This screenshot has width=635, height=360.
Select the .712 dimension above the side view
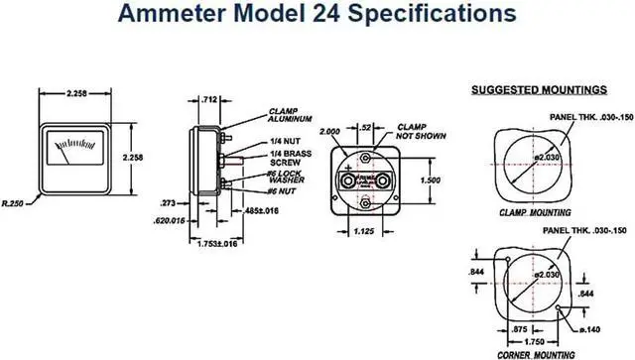[x=209, y=99]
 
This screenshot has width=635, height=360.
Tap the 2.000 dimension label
[x=330, y=130]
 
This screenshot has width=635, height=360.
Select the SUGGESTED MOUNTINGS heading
[x=537, y=89]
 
